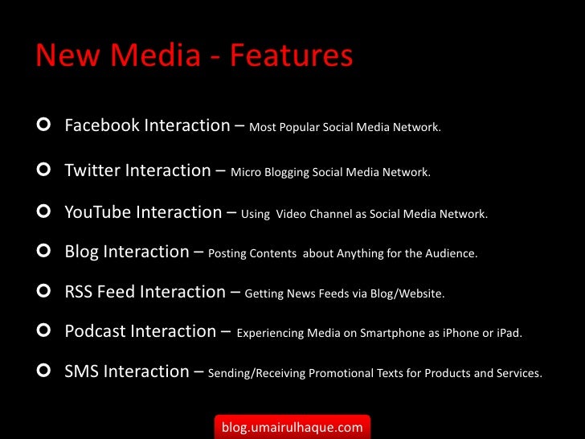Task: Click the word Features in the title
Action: click(x=291, y=55)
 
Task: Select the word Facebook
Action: click(x=101, y=125)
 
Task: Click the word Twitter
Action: click(x=92, y=170)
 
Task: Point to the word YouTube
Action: click(x=98, y=212)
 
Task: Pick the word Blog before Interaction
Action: click(x=82, y=252)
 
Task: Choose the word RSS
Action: click(x=79, y=292)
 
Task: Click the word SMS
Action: click(x=81, y=371)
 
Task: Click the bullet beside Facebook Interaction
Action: click(x=44, y=125)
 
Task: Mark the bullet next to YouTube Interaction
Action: click(x=44, y=213)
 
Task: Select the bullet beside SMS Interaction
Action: click(x=44, y=371)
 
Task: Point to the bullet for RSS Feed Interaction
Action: click(x=44, y=292)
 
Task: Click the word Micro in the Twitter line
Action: click(x=245, y=172)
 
